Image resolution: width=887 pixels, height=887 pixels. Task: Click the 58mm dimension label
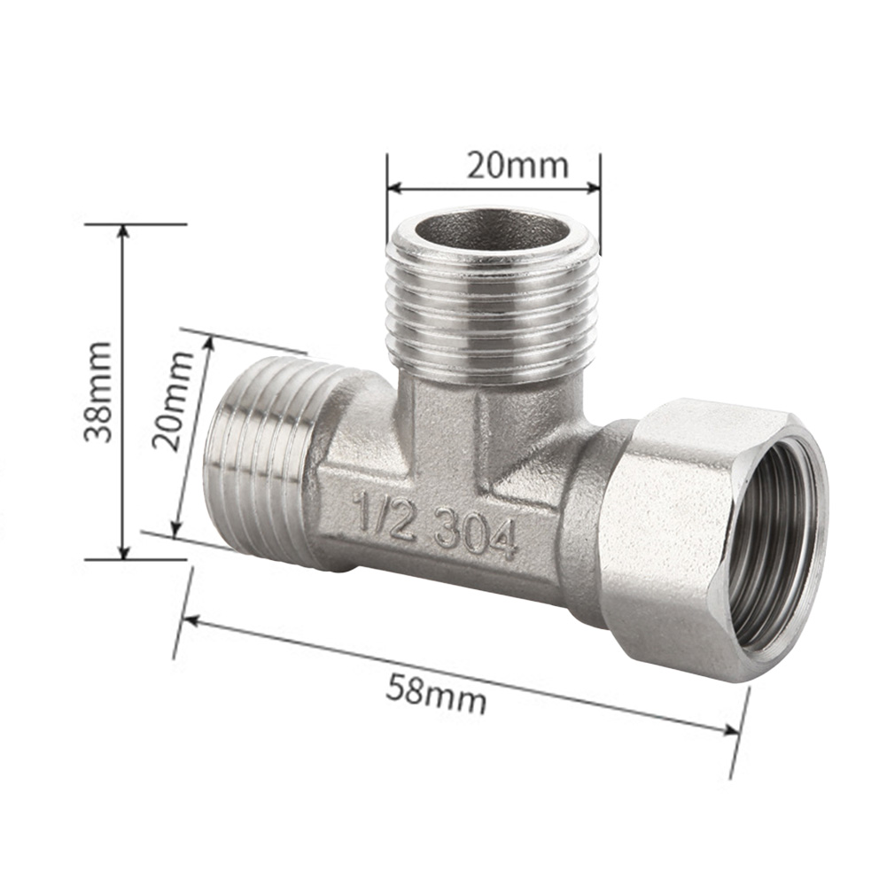[435, 693]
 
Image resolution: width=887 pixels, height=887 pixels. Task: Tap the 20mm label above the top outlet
[517, 165]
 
